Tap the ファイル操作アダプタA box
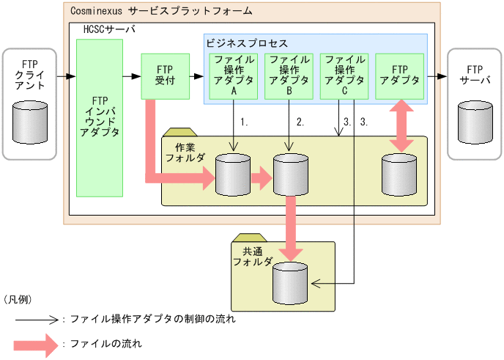coord(234,76)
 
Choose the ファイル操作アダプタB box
coord(288,76)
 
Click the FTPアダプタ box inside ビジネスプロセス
coord(400,76)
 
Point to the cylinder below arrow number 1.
coord(234,176)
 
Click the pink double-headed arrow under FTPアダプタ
coord(400,126)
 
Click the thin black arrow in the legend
coord(37,319)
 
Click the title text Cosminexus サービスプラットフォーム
coord(162,11)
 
